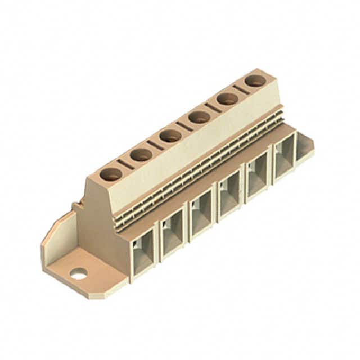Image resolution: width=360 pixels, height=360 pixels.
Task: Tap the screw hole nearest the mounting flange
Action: [x=111, y=174]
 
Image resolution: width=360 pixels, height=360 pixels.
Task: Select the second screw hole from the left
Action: [x=141, y=155]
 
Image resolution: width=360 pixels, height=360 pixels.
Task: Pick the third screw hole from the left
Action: [x=170, y=136]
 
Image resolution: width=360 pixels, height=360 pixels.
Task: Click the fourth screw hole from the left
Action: [x=199, y=117]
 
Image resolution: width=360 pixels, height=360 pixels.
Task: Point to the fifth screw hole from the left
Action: [x=228, y=98]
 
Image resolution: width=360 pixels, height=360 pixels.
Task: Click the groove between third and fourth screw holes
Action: [x=184, y=126]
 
